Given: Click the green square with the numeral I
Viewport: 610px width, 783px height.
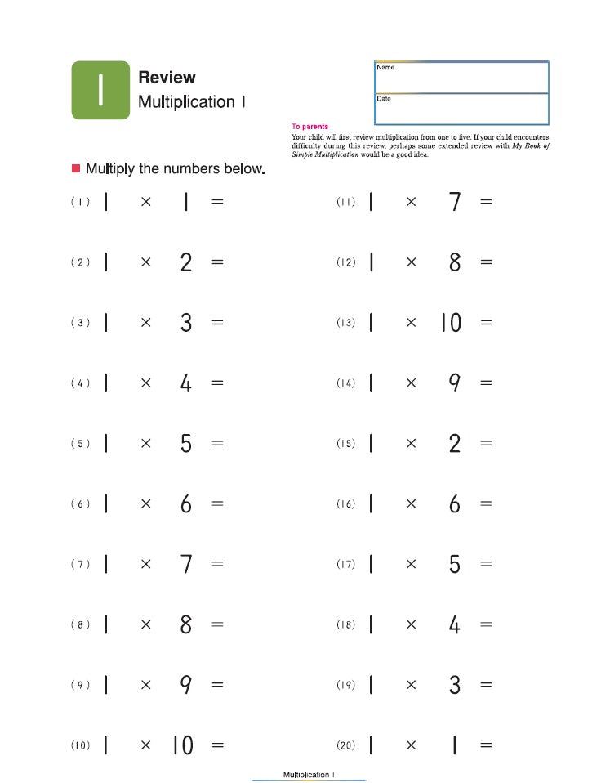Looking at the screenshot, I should (x=100, y=90).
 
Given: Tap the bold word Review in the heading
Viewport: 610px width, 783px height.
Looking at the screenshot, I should (x=167, y=78).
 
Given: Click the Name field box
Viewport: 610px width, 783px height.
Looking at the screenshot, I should (x=461, y=77).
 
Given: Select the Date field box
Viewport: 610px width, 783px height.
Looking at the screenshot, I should (x=461, y=109).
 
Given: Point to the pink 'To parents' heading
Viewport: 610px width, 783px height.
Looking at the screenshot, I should (x=309, y=127).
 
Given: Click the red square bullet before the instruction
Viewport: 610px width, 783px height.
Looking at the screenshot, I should (x=76, y=168).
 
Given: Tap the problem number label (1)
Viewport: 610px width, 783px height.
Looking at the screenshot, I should (x=80, y=202).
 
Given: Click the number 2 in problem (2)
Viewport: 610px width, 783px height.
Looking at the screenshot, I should (x=186, y=262).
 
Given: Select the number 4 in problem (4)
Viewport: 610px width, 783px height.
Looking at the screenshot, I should (x=186, y=383).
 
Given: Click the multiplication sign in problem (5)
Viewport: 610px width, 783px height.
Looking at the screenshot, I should (x=145, y=443).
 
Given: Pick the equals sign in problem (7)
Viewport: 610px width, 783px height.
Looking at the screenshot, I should (x=217, y=564).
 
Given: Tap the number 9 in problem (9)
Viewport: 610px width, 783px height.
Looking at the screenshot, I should (x=186, y=685).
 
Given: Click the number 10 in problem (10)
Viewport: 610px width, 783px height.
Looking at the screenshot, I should (x=183, y=745).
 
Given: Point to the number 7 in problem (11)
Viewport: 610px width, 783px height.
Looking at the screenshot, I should (x=455, y=202).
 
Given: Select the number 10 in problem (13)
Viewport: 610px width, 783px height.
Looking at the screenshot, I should (x=451, y=323).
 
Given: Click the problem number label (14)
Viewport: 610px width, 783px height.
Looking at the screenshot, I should (x=345, y=383).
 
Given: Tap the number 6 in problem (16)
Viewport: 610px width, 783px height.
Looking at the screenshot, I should (x=455, y=504).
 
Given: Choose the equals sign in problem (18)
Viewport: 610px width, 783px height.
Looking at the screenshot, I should (x=486, y=624).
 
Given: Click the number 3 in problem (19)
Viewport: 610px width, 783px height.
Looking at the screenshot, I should (x=455, y=685).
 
